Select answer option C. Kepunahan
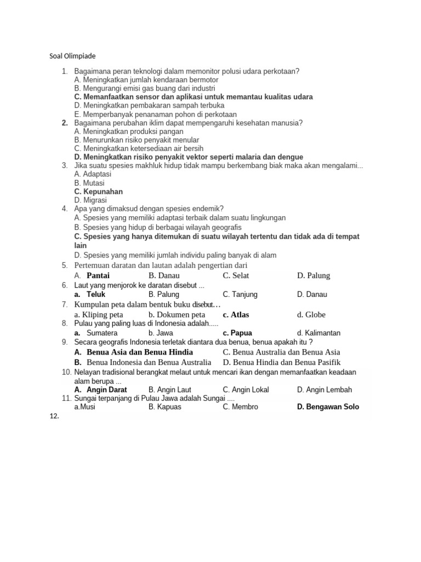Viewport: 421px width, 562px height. pyautogui.click(x=98, y=192)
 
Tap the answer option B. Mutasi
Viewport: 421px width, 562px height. pyautogui.click(x=89, y=183)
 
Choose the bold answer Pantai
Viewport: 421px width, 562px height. pyautogui.click(x=98, y=276)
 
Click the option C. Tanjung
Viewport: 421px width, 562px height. pyautogui.click(x=240, y=294)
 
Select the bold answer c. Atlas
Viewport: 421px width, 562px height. pyautogui.click(x=236, y=314)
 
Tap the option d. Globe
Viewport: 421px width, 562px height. pyautogui.click(x=311, y=314)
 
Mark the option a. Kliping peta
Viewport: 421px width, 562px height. pyautogui.click(x=99, y=314)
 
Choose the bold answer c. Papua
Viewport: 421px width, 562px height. pyautogui.click(x=237, y=333)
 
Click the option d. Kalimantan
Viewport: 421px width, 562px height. pyautogui.click(x=318, y=333)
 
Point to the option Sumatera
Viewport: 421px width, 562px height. pyautogui.click(x=102, y=333)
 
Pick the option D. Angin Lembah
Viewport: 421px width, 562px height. pyautogui.click(x=325, y=390)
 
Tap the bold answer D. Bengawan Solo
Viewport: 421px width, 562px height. pyautogui.click(x=328, y=407)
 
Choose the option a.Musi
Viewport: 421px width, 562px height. pyautogui.click(x=85, y=407)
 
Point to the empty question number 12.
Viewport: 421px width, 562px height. pyautogui.click(x=53, y=416)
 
